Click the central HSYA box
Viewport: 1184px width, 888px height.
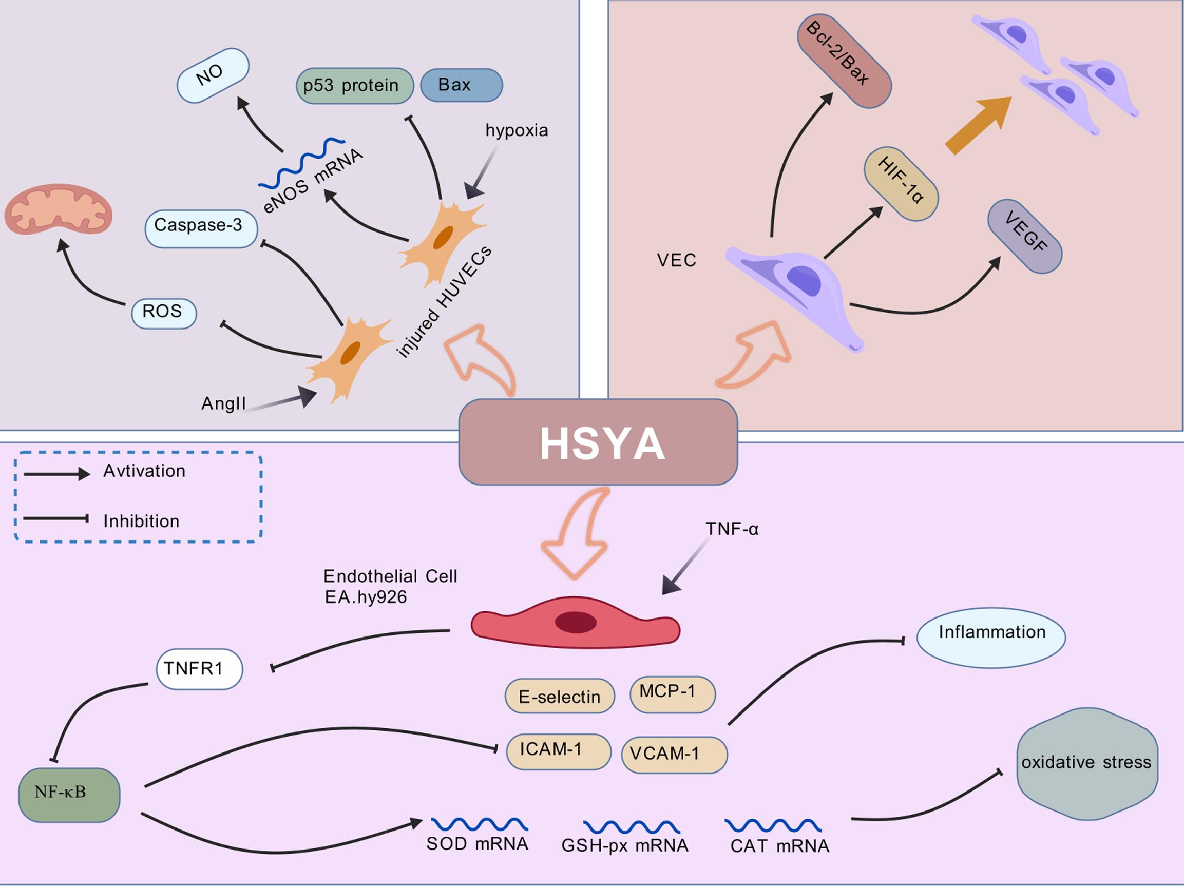point(598,442)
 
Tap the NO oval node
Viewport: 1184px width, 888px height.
point(213,75)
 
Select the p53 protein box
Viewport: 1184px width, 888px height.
point(354,86)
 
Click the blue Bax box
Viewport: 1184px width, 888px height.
point(461,85)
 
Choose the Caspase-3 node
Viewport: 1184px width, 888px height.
point(201,228)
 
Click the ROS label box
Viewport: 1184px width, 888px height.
point(164,313)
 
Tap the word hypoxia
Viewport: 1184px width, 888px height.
point(517,130)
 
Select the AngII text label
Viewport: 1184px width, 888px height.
point(223,403)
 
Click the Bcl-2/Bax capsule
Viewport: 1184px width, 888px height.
point(844,61)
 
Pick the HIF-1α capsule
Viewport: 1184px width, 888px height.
point(901,184)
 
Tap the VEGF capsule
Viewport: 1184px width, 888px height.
point(1024,236)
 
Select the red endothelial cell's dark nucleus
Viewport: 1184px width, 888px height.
point(576,622)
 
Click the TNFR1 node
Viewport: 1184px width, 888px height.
point(199,669)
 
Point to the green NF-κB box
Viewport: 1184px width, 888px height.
point(69,795)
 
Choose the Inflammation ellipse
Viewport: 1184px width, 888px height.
point(991,637)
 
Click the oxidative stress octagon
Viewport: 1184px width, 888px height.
point(1086,763)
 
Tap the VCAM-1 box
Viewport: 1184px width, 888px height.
point(674,754)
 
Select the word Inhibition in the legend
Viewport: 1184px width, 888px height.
point(141,522)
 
